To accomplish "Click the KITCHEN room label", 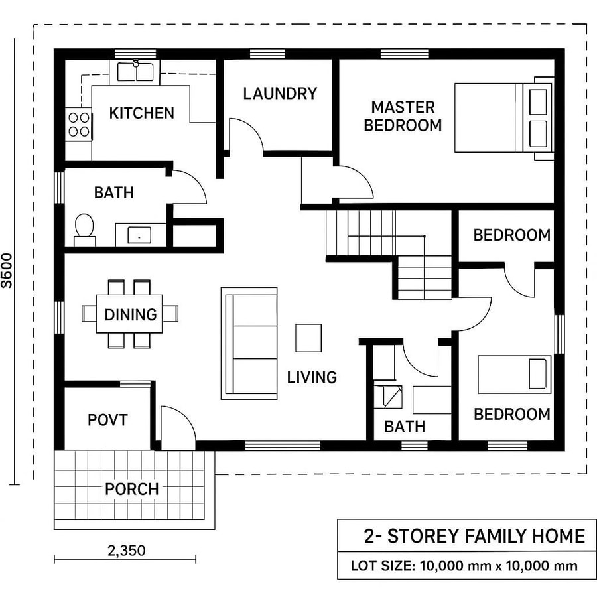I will [141, 113].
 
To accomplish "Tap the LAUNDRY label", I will [280, 94].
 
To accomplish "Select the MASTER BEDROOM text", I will [403, 116].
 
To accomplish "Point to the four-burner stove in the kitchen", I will [79, 124].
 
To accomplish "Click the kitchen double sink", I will [135, 71].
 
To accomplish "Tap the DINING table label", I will [131, 314].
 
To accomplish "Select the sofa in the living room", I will [249, 343].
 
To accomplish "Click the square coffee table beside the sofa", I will [308, 338].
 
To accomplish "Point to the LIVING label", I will [312, 377].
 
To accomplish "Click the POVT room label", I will [107, 420].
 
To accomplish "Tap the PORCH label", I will [131, 489].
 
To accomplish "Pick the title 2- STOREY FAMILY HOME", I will [474, 536].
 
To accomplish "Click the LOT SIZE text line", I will [464, 566].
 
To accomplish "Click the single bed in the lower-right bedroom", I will [515, 373].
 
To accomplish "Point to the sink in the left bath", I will [141, 234].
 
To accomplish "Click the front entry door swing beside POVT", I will [176, 426].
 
